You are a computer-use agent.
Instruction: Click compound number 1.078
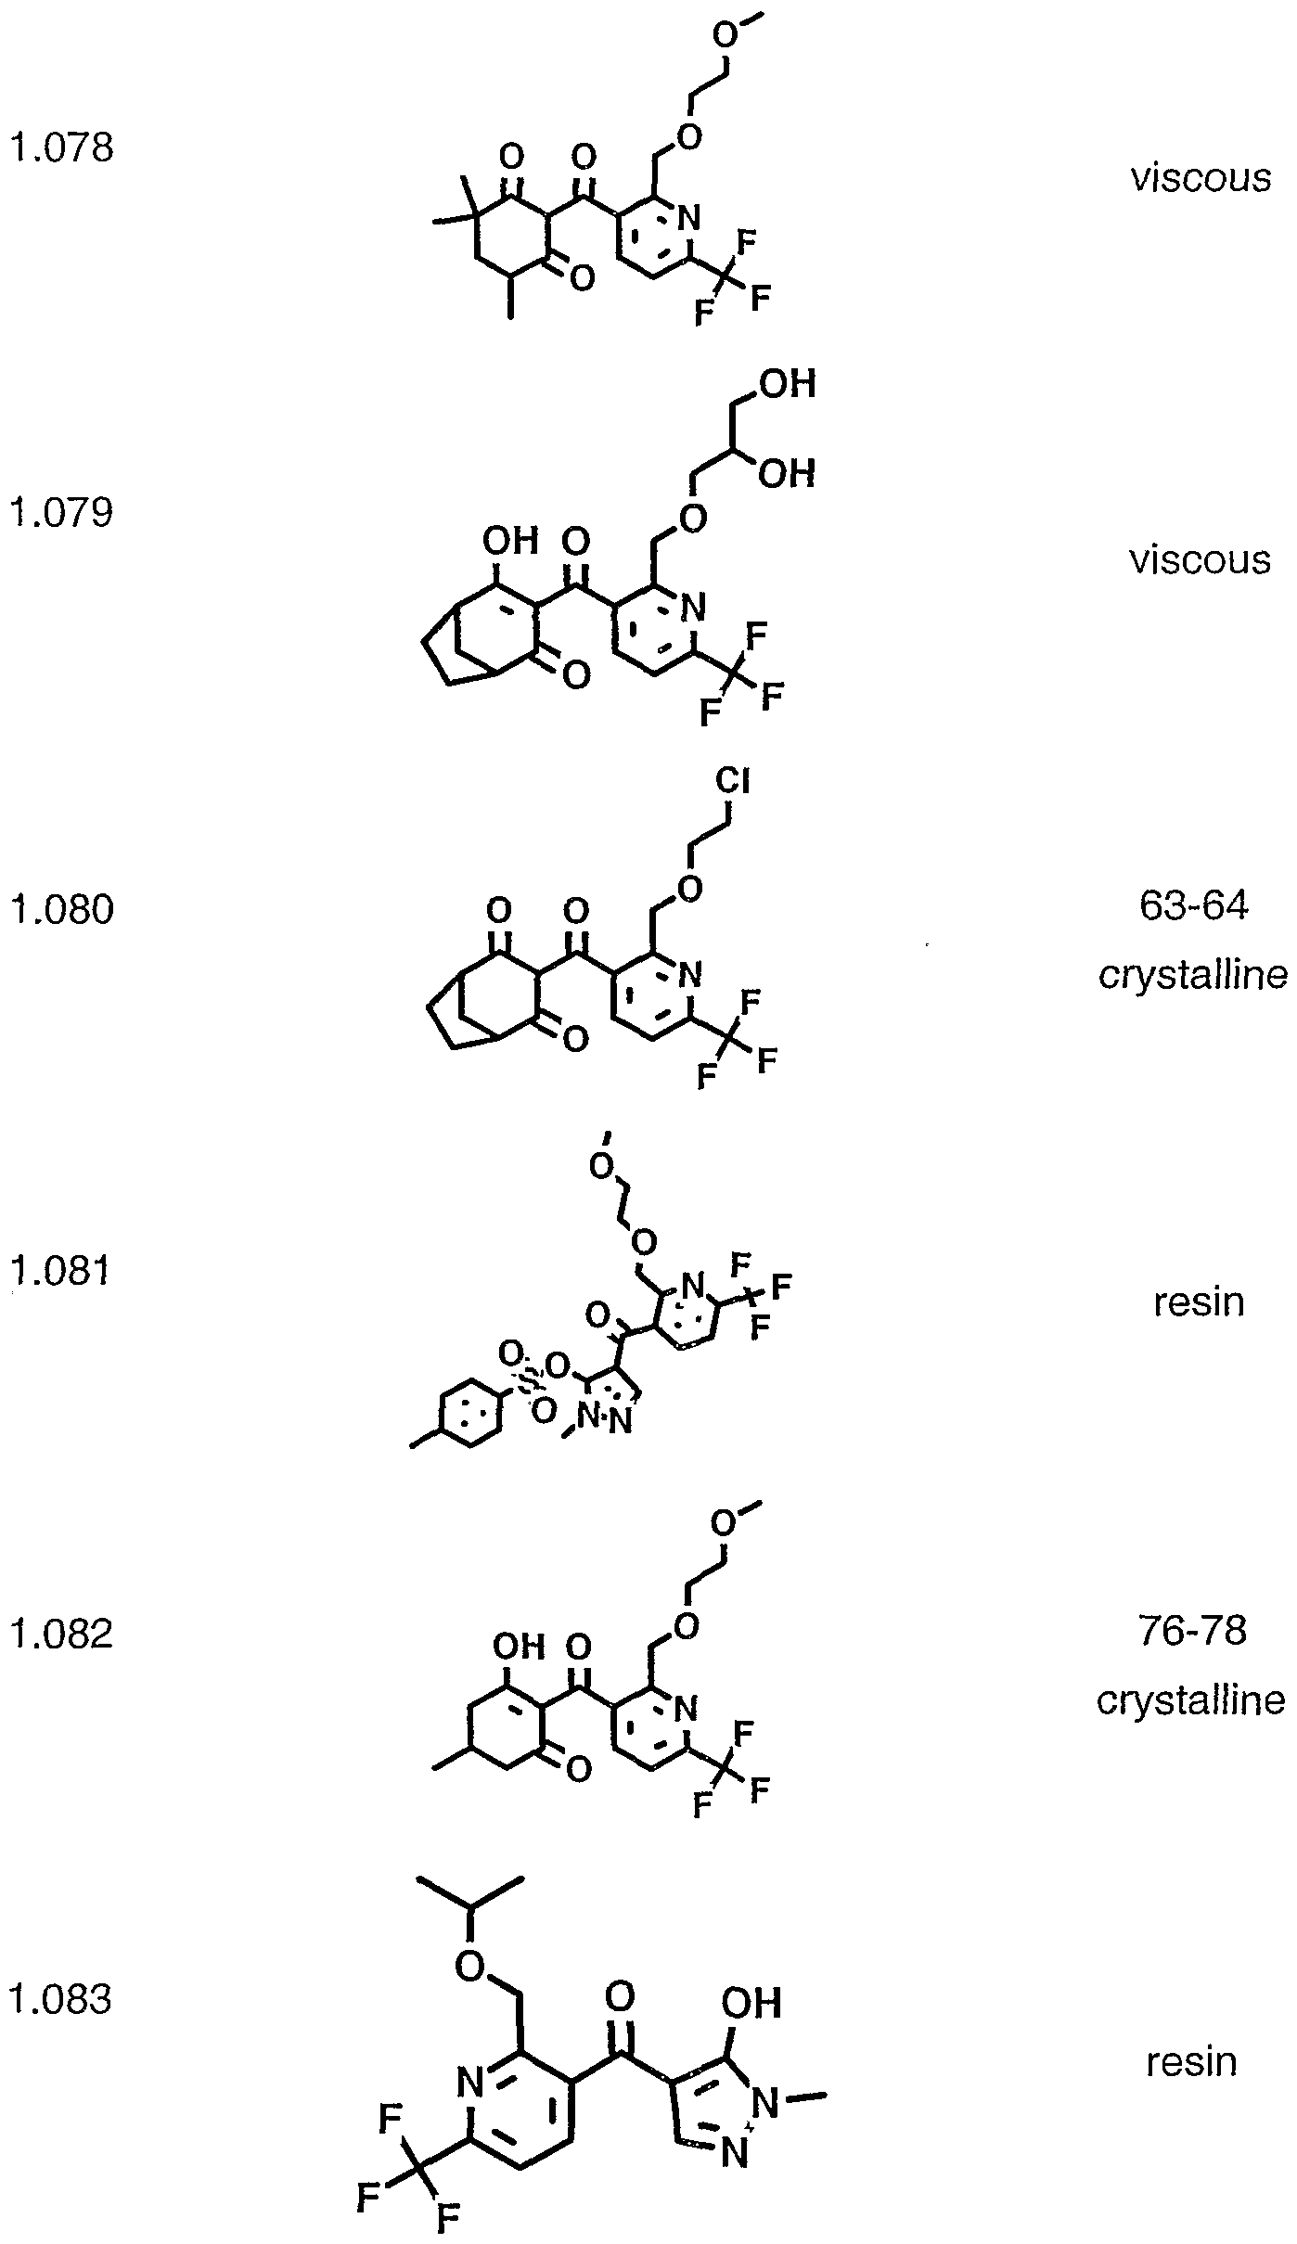tap(61, 147)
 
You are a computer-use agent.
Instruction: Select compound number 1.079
tap(61, 512)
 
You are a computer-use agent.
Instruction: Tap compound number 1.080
tap(61, 909)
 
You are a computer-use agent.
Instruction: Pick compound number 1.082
tap(61, 1633)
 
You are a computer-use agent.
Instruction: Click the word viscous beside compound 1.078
tap(1200, 177)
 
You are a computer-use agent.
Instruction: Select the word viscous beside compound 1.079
tap(1200, 559)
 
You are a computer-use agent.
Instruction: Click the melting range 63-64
tap(1194, 905)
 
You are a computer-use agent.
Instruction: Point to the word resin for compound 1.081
tap(1199, 1302)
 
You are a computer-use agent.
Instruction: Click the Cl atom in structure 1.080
tap(733, 782)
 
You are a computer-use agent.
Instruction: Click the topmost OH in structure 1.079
tap(788, 384)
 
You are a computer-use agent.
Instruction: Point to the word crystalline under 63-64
tap(1194, 976)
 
